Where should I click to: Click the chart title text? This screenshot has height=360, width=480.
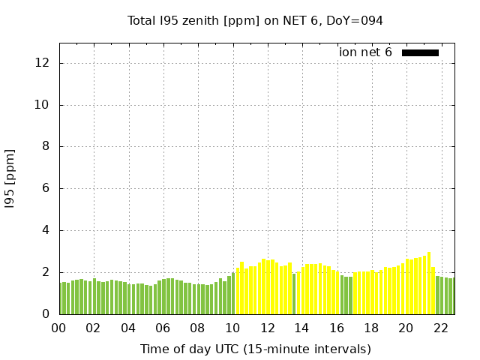pos(255,20)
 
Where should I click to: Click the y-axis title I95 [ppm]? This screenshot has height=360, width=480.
pos(10,178)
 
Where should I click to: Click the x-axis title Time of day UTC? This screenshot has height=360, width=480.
pos(255,349)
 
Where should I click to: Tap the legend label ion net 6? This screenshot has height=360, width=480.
pos(365,52)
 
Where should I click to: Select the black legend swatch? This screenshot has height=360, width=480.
pos(420,52)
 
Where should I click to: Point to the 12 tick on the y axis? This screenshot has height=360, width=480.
pos(43,63)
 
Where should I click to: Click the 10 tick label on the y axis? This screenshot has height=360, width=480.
pos(43,105)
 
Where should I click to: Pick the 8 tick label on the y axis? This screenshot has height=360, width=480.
pos(46,147)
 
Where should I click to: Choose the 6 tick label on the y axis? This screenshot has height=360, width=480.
pos(46,189)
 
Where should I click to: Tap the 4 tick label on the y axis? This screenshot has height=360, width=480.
pos(46,231)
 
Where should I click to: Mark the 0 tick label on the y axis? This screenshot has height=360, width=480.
pos(46,314)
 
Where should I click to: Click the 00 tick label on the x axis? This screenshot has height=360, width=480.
pos(59,328)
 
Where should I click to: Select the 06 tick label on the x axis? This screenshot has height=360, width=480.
pos(163,328)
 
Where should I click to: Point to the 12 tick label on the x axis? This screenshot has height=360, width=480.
pos(267,328)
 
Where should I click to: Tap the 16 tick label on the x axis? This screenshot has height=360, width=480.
pos(336,328)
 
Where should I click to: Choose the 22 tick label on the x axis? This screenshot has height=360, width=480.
pos(440,328)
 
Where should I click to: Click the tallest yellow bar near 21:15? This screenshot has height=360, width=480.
pos(429,285)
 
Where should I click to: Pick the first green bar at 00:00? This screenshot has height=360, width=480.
pos(62,298)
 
